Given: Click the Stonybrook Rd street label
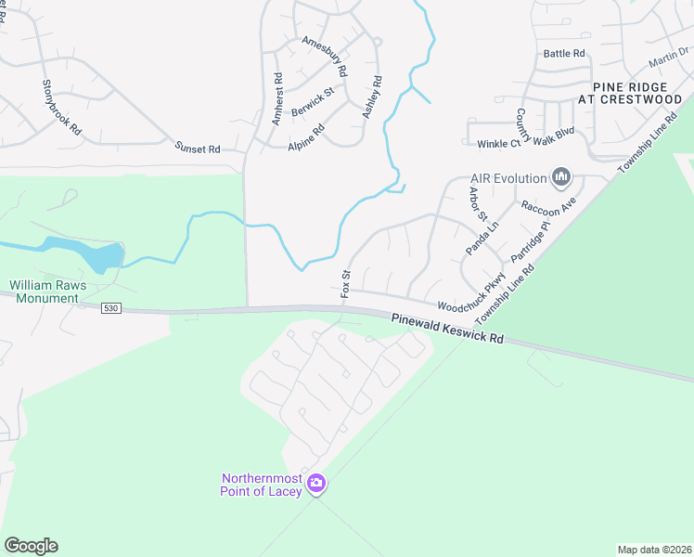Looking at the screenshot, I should [61, 109].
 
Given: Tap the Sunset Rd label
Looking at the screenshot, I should [198, 148].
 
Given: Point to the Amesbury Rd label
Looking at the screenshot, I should [325, 56].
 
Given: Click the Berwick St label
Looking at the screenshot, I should [312, 104].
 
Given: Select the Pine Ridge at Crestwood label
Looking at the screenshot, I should [631, 92].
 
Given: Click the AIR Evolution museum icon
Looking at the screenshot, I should [560, 176].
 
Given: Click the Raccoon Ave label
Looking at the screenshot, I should [549, 204].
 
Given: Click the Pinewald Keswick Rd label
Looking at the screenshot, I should [447, 328].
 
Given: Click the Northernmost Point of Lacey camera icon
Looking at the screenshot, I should [316, 482].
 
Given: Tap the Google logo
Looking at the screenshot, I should [31, 546].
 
